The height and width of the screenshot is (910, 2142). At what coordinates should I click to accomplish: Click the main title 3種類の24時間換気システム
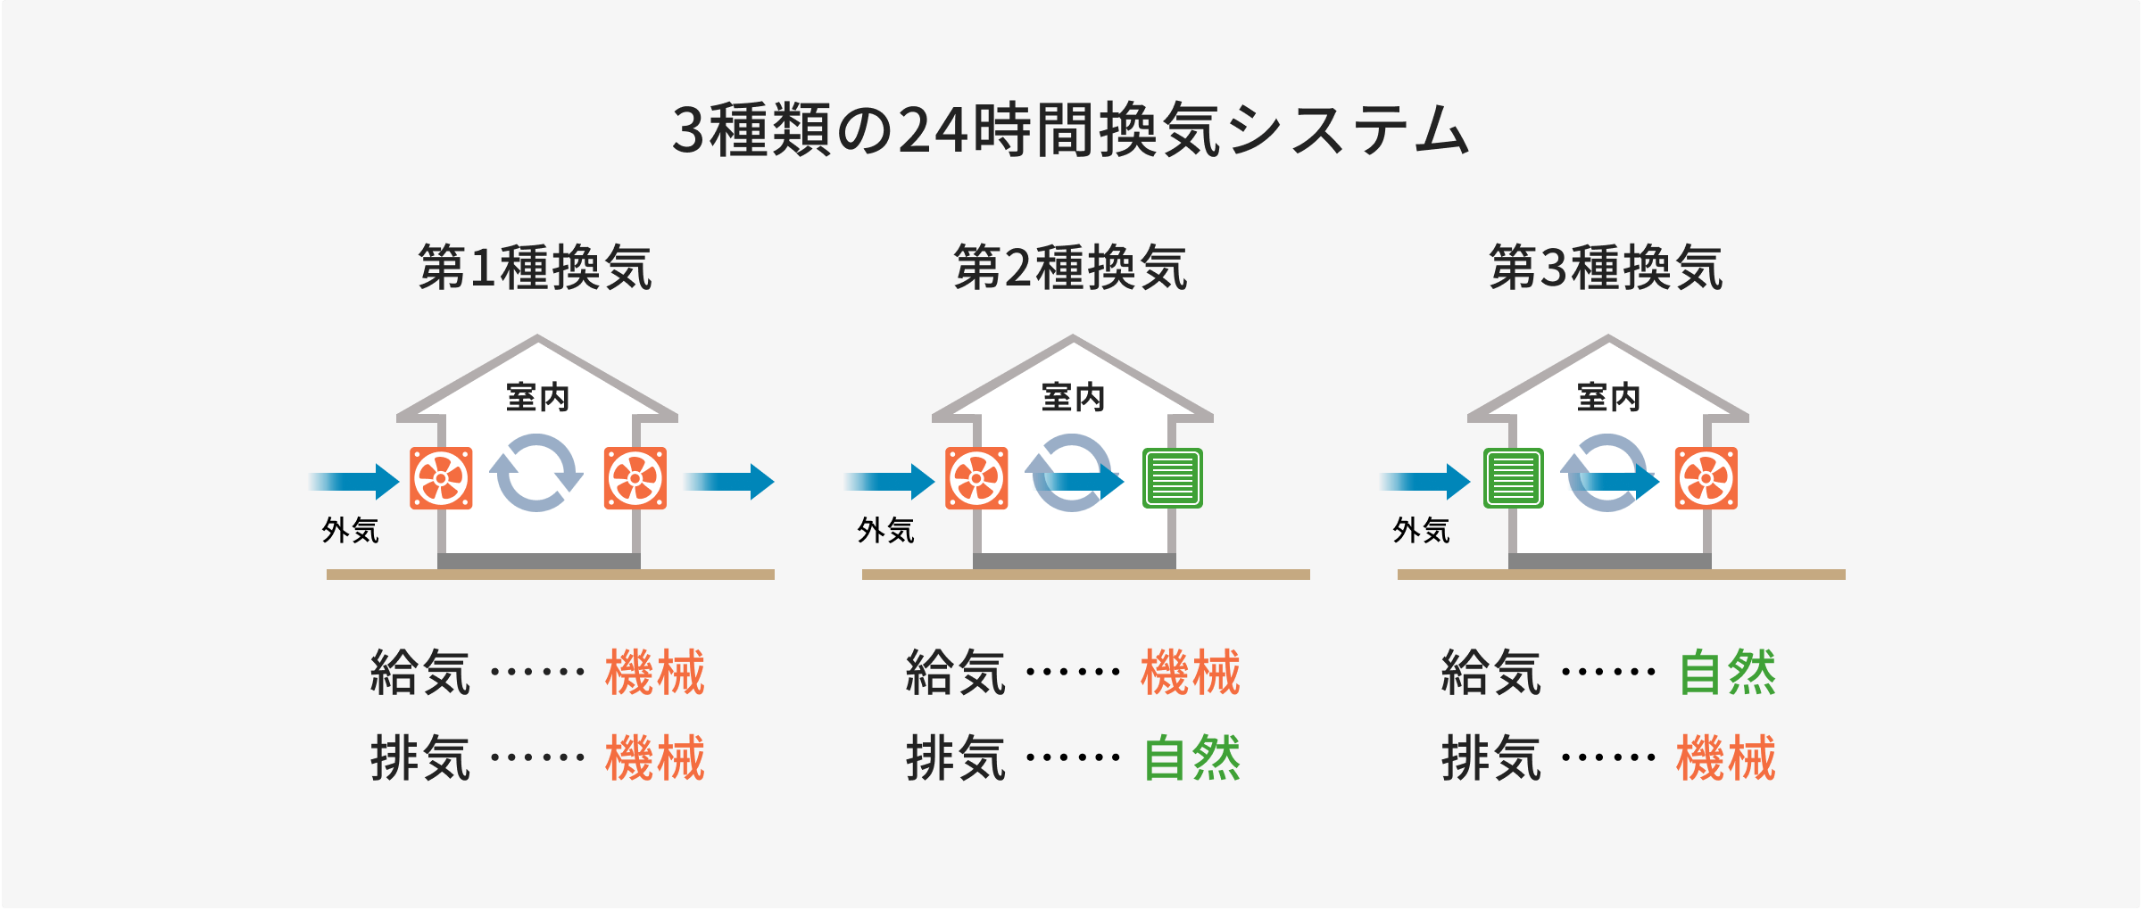coord(1070,130)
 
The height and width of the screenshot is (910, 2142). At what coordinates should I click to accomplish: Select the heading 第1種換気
coord(535,268)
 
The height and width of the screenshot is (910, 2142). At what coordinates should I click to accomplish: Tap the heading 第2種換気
coord(1071,268)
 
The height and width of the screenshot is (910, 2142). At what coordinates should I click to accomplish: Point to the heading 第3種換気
coord(1606,268)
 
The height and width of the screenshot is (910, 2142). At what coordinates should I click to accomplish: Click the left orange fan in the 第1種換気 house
coord(441,478)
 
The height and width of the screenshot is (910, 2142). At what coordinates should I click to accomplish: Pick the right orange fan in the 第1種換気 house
coord(635,478)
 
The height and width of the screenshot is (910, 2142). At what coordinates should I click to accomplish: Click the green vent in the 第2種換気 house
coord(1173,478)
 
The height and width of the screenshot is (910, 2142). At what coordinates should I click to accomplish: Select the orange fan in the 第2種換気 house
coord(976,478)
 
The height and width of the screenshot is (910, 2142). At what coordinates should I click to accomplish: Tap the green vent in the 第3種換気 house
coord(1514,478)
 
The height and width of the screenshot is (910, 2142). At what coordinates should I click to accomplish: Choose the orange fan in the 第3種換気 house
coord(1706,478)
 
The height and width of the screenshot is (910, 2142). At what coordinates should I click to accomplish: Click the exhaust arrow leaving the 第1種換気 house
coord(728,482)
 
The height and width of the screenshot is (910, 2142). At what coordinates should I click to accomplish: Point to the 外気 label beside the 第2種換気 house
coord(886,531)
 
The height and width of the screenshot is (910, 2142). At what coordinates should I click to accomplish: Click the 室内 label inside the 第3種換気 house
coord(1608,397)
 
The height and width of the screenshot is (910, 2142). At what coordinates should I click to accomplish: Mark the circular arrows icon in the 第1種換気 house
coord(535,473)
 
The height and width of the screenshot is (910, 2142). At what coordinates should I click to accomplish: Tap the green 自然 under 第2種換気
coord(1191,758)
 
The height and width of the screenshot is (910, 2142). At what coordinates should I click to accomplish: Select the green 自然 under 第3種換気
coord(1727,672)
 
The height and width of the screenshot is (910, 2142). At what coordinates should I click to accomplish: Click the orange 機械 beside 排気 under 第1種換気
coord(655,758)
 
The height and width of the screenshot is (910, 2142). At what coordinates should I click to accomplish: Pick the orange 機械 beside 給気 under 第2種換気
coord(1191,672)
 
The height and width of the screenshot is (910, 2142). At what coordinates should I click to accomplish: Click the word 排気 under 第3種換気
coord(1491,758)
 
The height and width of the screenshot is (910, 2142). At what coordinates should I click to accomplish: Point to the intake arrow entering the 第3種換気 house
coord(1424,482)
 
